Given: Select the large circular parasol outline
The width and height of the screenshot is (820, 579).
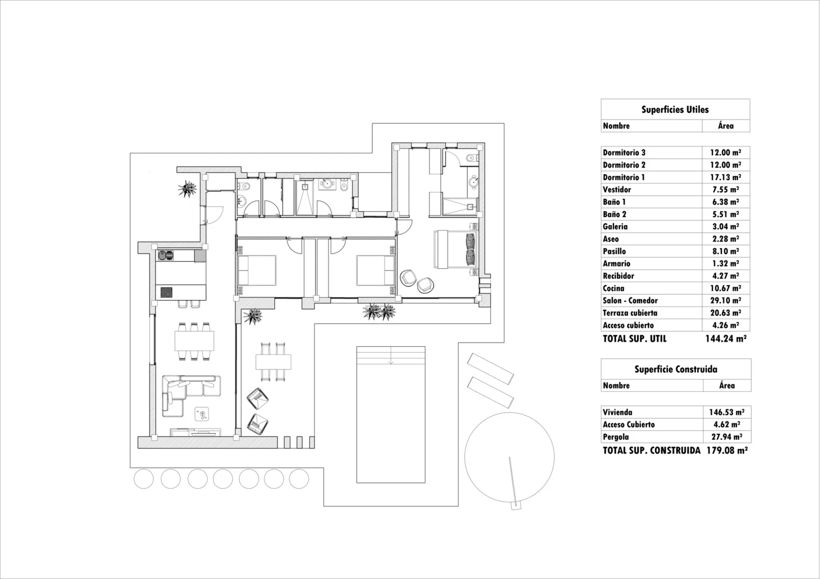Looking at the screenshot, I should [x=509, y=456].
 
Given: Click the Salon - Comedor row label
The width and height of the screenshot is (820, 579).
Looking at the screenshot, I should [x=630, y=301].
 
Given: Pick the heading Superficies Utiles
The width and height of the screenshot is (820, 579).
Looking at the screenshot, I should [x=675, y=110].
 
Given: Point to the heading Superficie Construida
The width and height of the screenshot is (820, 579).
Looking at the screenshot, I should [x=675, y=369].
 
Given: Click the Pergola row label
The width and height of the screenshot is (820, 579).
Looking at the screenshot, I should [x=616, y=437].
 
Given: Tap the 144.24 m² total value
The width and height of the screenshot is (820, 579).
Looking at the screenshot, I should [x=726, y=339].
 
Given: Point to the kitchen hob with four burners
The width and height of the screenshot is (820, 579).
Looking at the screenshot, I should [x=166, y=293].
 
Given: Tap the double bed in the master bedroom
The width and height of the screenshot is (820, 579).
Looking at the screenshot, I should [x=456, y=249].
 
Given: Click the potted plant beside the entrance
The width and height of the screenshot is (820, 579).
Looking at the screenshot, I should [x=188, y=189].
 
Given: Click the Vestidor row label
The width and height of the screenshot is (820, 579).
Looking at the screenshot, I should [x=617, y=190].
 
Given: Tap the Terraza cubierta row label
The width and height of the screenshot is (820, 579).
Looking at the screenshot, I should [x=629, y=313].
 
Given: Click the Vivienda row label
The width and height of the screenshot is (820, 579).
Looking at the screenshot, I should [x=617, y=412].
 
